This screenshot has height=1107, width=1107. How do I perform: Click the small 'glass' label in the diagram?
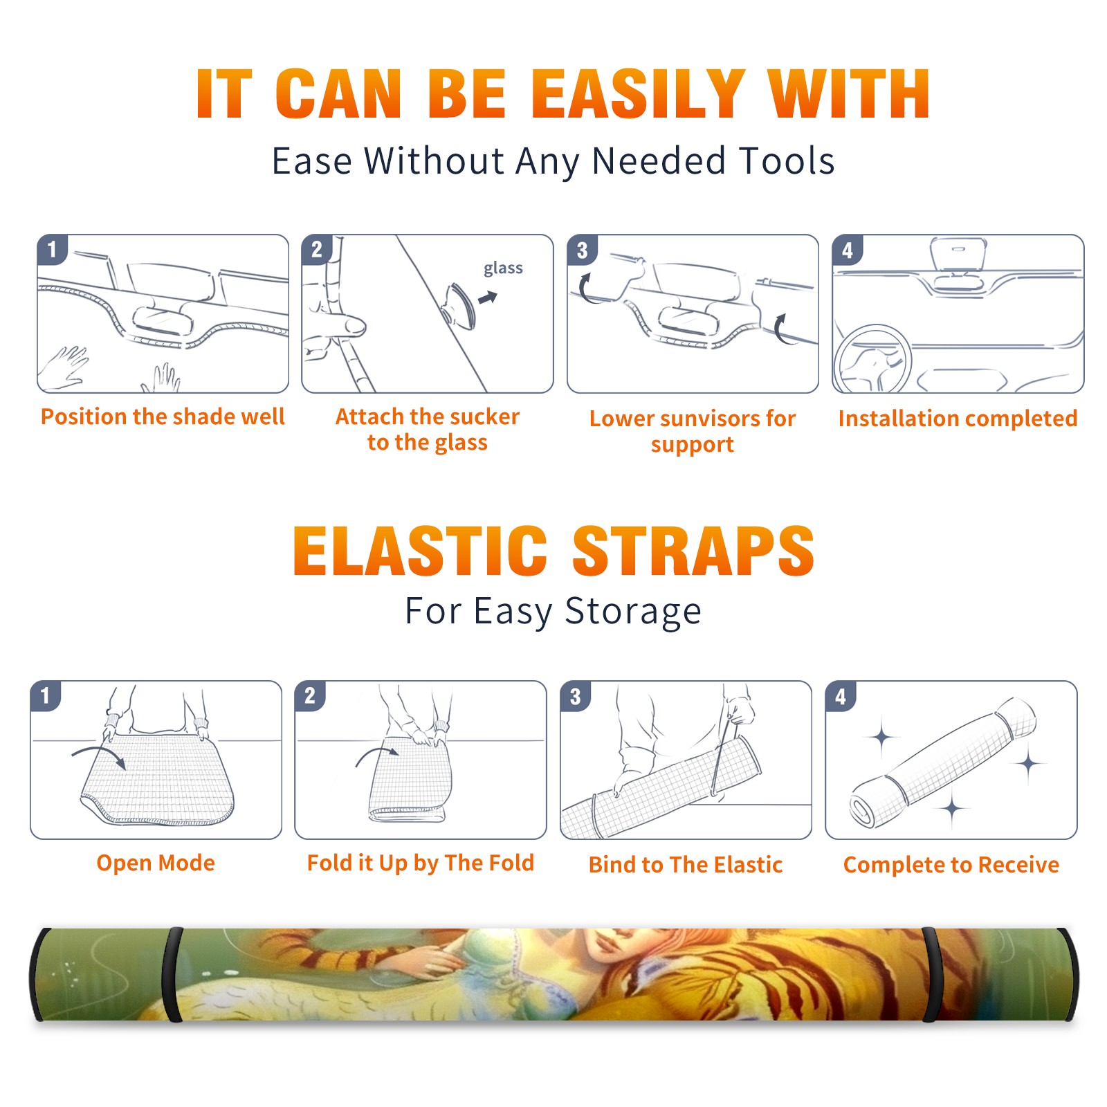point(503,268)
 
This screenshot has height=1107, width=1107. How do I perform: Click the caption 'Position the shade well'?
point(163,417)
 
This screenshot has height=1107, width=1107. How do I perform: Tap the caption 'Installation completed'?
point(958,418)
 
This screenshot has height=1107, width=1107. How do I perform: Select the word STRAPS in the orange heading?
point(693,551)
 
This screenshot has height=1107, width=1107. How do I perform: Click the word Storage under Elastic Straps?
point(633,612)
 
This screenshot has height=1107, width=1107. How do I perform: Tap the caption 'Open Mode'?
point(156,863)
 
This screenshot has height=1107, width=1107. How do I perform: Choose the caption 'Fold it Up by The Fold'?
point(421,863)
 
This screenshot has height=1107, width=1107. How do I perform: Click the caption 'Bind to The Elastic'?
point(686,865)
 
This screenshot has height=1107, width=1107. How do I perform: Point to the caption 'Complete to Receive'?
point(951,865)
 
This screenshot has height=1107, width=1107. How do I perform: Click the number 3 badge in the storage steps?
point(576,696)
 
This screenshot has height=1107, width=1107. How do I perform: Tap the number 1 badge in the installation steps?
point(53,249)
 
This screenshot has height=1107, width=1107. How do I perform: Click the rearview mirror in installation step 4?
point(958,254)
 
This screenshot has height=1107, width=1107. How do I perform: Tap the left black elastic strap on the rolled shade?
point(172,975)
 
